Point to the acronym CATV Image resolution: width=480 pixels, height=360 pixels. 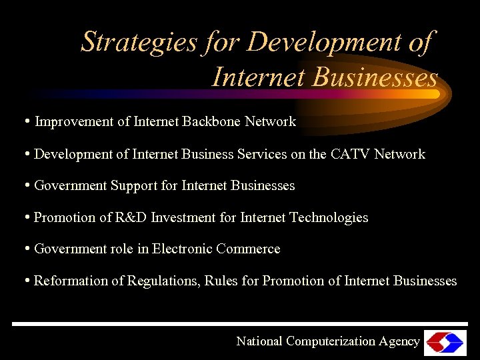click(x=351, y=154)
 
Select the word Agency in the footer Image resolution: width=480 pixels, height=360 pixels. click(x=399, y=341)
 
